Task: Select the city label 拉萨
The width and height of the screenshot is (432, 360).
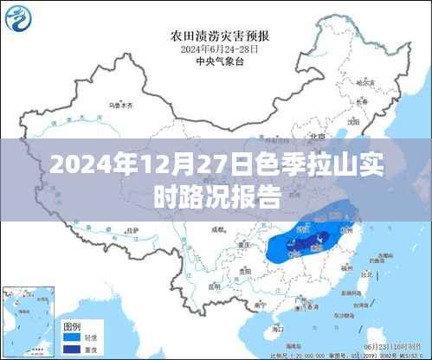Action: click(130, 230)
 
